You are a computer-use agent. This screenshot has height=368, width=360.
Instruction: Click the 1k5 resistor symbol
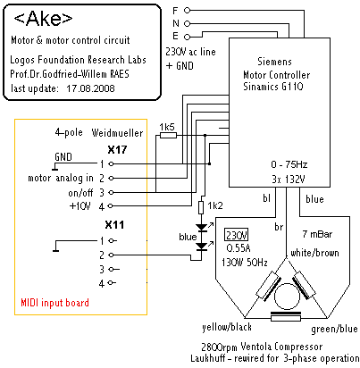click(168, 136)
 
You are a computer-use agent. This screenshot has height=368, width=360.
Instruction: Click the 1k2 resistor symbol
click(201, 207)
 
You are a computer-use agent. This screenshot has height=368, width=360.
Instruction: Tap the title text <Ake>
click(43, 19)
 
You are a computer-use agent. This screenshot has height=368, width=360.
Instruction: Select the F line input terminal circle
click(187, 11)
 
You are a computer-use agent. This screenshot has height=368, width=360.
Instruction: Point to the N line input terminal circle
click(187, 23)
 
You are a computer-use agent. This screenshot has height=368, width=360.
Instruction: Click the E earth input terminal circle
click(187, 37)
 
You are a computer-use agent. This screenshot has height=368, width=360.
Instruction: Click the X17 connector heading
click(117, 149)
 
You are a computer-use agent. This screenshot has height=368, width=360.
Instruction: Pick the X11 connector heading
click(114, 225)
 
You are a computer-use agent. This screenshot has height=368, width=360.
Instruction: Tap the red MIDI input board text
click(54, 303)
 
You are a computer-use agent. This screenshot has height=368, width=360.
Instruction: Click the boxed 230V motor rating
click(237, 235)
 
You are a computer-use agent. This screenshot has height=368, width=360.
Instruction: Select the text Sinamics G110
click(273, 87)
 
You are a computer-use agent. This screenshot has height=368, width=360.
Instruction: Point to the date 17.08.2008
click(90, 88)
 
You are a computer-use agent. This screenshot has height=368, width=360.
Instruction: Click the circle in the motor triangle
click(287, 297)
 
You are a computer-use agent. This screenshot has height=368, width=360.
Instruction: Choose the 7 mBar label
click(317, 234)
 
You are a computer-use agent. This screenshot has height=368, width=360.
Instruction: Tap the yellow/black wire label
click(227, 327)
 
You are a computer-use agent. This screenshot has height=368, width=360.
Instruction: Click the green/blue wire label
click(334, 329)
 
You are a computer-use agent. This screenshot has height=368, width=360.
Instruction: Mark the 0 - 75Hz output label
click(289, 164)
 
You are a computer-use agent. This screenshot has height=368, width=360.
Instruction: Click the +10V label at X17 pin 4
click(80, 206)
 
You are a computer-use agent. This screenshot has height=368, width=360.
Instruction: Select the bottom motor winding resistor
click(286, 318)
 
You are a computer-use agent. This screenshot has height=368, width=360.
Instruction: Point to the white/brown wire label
click(314, 253)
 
